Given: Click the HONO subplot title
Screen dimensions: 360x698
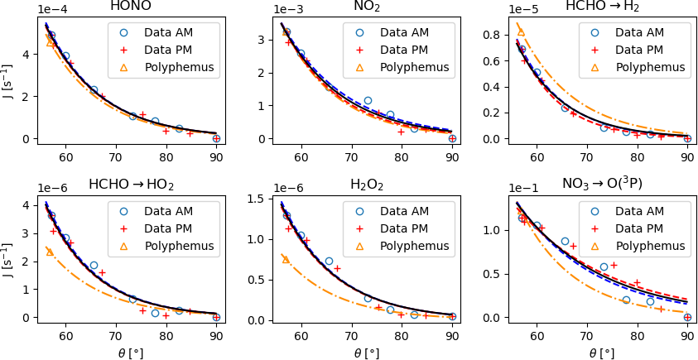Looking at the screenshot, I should (131, 7).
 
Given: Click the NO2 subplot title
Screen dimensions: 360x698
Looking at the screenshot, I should (367, 7).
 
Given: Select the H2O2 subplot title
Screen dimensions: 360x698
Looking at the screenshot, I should (367, 185).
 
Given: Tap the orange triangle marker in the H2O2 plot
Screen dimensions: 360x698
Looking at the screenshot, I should (286, 259).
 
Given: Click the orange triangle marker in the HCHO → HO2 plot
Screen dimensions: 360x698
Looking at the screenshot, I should (50, 252).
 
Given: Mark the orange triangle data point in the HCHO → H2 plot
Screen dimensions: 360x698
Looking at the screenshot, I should (521, 32).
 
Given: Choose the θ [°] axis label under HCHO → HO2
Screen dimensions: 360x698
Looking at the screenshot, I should (131, 352).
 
